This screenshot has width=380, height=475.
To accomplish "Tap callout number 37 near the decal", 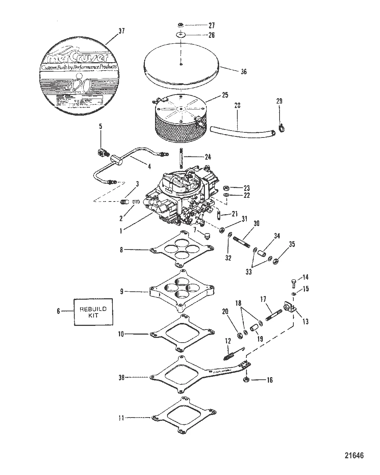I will click(122, 31).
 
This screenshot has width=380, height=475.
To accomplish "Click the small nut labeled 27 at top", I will click(181, 25).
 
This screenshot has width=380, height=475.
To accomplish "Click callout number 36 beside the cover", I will click(244, 72).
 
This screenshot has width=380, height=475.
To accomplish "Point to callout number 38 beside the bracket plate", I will click(122, 378).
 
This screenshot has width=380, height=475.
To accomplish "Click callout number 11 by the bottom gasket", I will click(121, 418).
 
